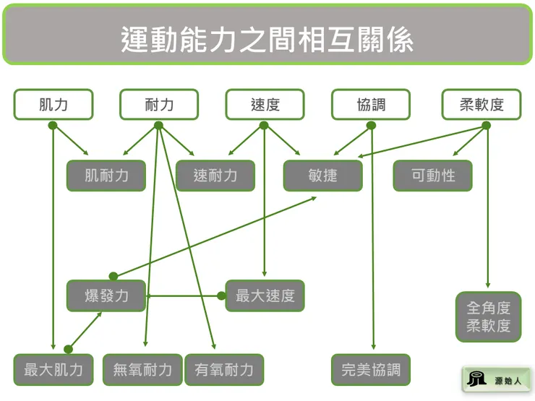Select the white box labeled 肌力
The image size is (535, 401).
pos(54,105)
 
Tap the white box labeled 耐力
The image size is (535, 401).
pos(159,105)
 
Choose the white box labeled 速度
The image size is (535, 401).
pos(265,105)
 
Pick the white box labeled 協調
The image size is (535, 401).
pos(371,105)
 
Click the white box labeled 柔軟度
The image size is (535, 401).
pos(482,105)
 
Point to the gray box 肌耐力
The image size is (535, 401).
pos(106,175)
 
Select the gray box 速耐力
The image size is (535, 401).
pos(215,175)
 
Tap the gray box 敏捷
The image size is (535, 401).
pos(322,175)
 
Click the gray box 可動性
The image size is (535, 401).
pos(432,175)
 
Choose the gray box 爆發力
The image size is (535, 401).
pos(106,296)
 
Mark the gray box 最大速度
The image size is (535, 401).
pos(265,296)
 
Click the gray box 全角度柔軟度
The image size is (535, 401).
pos(488,316)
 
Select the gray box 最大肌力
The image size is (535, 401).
pos(54,370)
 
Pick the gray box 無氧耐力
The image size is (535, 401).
pos(142,370)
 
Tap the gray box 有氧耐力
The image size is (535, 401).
pos(224,370)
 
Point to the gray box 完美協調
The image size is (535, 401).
pos(371,370)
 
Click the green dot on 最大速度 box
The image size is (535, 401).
pos(223,296)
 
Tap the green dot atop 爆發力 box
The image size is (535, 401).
pos(113,276)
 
